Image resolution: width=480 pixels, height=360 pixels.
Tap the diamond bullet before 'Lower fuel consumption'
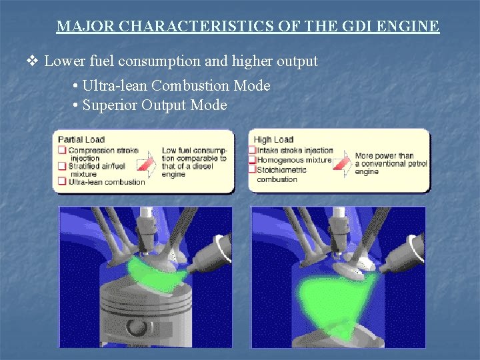pyautogui.click(x=32, y=61)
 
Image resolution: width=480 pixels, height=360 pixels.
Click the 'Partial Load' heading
pyautogui.click(x=81, y=139)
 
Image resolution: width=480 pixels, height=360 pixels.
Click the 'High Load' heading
pyautogui.click(x=273, y=139)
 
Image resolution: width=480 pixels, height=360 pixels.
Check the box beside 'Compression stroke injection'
pyautogui.click(x=62, y=151)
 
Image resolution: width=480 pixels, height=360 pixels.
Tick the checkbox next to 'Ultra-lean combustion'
pyautogui.click(x=62, y=181)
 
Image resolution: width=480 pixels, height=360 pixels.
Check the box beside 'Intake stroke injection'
pyautogui.click(x=253, y=150)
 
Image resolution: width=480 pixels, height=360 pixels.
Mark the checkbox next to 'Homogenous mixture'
pyautogui.click(x=253, y=159)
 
